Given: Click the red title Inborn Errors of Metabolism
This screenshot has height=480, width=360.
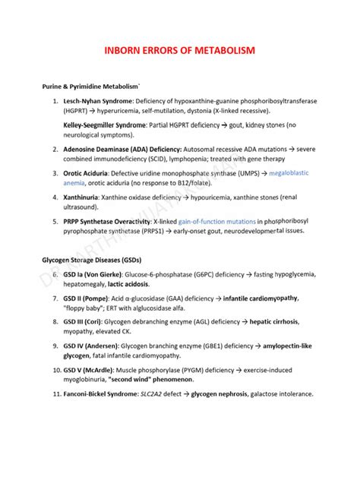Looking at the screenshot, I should point(180,51).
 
